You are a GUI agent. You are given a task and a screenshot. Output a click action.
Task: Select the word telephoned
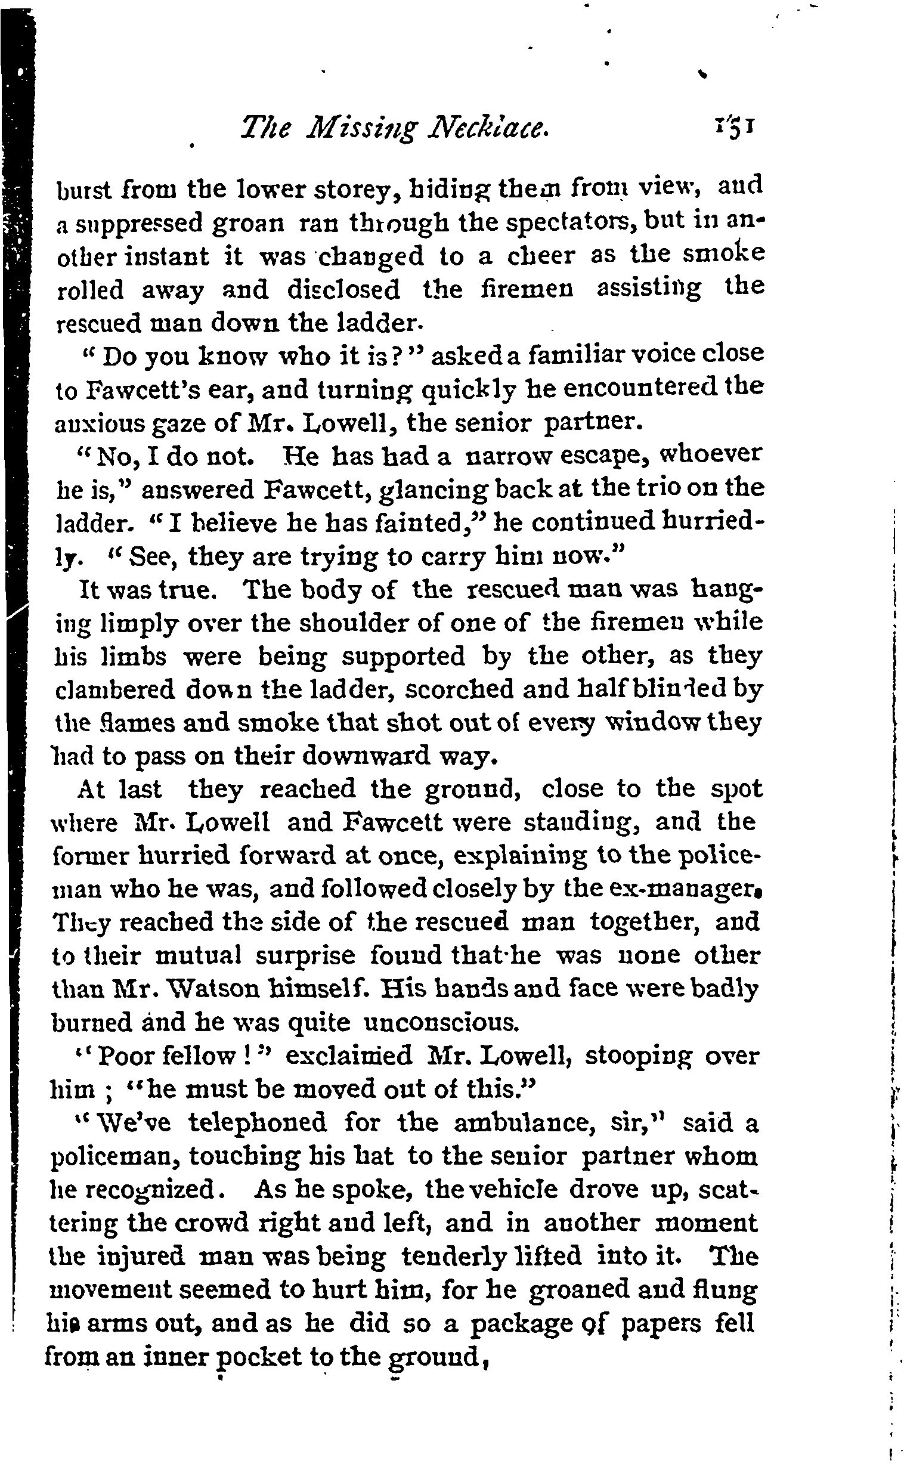pos(258,1124)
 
